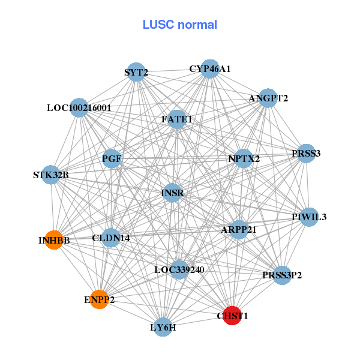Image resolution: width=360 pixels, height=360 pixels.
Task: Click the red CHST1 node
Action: click(232, 315)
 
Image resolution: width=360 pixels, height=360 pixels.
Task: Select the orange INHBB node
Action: click(54, 240)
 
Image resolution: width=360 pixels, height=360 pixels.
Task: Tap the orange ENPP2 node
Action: click(99, 299)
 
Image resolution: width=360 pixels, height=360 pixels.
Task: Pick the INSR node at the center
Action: click(172, 193)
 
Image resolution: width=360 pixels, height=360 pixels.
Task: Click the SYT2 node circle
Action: click(136, 73)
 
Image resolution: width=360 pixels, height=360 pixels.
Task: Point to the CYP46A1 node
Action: click(210, 69)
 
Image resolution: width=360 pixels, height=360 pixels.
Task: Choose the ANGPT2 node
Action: click(268, 98)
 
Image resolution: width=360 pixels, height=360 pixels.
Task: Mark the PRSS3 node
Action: click(306, 153)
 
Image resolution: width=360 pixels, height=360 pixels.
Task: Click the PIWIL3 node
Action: click(309, 217)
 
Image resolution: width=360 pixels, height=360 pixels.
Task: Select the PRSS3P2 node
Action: click(282, 275)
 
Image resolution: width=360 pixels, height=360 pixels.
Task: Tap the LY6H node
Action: click(163, 327)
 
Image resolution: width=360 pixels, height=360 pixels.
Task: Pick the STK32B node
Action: click(51, 175)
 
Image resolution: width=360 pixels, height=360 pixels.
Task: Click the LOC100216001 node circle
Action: click(79, 108)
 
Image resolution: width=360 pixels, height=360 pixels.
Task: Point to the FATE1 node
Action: click(177, 119)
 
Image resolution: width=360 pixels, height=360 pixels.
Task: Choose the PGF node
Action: click(112, 158)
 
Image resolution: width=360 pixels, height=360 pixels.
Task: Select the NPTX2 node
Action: click(244, 159)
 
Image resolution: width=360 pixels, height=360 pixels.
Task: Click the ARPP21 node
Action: click(239, 229)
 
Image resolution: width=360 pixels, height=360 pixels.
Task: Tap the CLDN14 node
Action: click(111, 238)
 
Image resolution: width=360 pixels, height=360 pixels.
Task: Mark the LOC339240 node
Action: click(179, 269)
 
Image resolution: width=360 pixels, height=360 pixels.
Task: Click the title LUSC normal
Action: click(180, 25)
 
